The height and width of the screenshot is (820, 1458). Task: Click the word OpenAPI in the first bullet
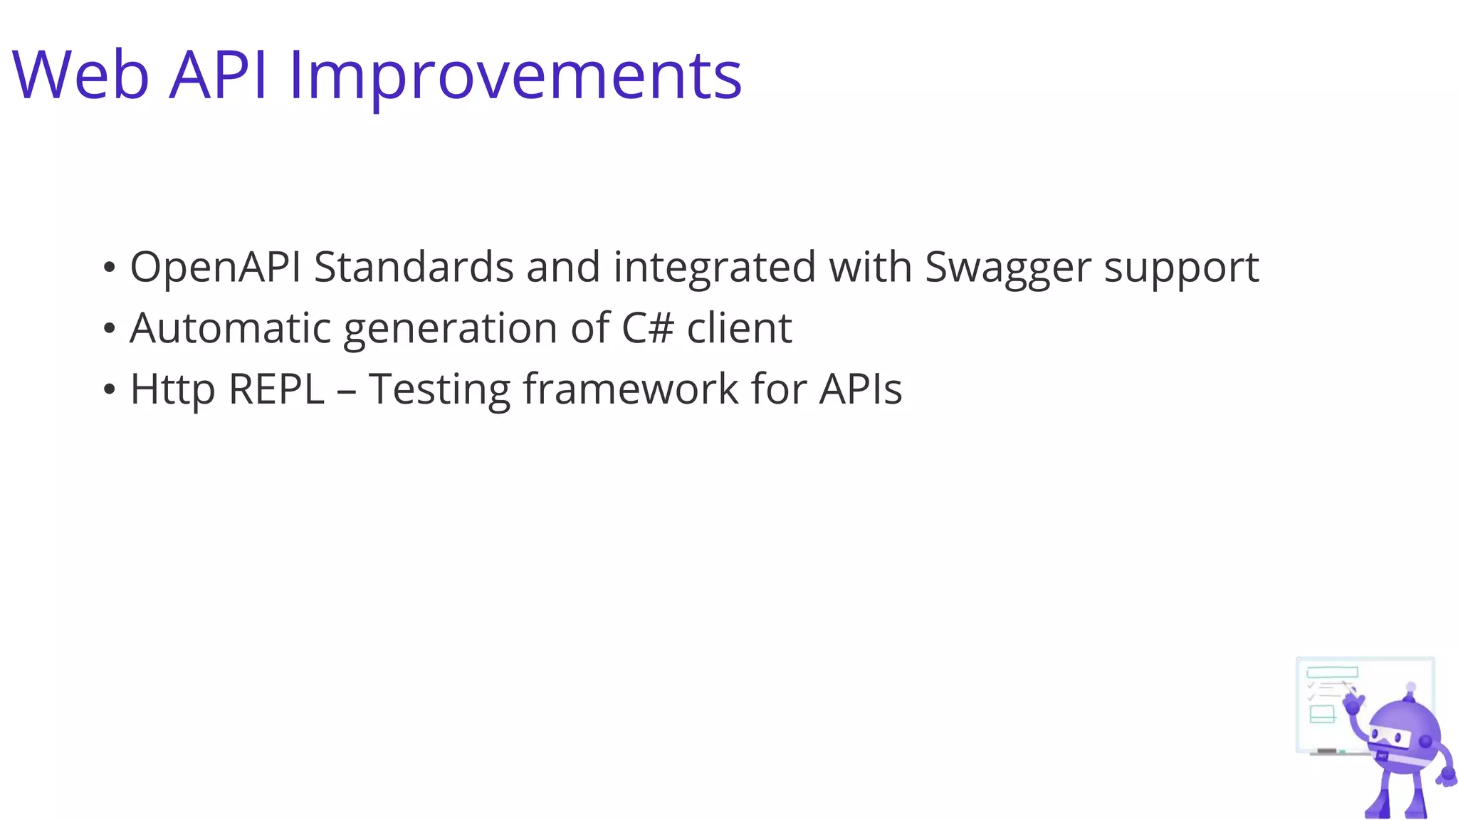215,268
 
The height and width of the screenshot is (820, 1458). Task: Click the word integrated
714,268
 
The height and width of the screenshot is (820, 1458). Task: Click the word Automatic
230,328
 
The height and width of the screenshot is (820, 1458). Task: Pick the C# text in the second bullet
647,328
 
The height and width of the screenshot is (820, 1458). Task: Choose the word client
739,328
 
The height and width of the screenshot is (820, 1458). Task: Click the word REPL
276,389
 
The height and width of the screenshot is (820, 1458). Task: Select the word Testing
439,391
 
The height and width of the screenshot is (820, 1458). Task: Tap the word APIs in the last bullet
860,389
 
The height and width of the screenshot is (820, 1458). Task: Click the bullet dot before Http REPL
109,390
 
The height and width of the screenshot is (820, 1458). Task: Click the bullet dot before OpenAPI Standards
109,268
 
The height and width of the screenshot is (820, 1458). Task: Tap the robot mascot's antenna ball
1411,688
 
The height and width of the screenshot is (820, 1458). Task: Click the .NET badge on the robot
1383,755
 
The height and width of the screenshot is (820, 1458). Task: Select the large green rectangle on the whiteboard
1332,672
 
